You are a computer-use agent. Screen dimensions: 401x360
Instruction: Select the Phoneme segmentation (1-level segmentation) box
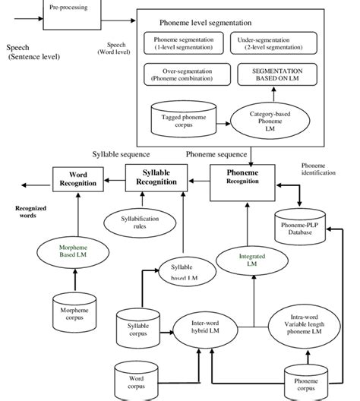click(180, 43)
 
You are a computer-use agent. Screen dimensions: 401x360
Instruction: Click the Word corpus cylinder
click(136, 380)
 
